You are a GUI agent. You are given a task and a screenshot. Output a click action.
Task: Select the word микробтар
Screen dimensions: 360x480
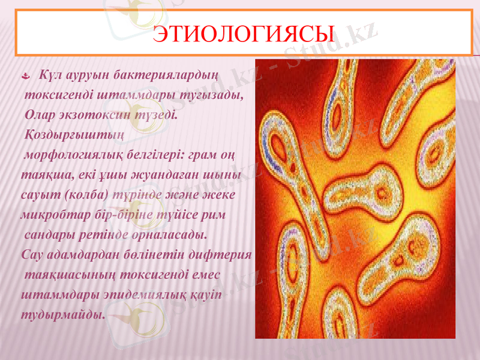[x=50, y=214]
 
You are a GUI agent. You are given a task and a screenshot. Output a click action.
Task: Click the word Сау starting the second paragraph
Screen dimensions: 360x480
[x=31, y=254]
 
